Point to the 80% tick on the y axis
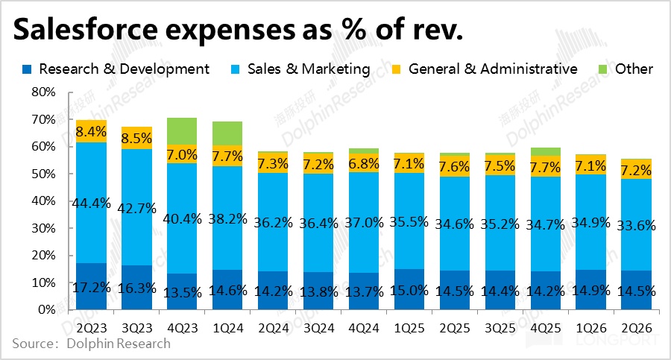42,92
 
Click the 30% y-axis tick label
42,228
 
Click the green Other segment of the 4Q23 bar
181,130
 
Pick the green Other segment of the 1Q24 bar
227,133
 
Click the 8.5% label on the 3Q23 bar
136,138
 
